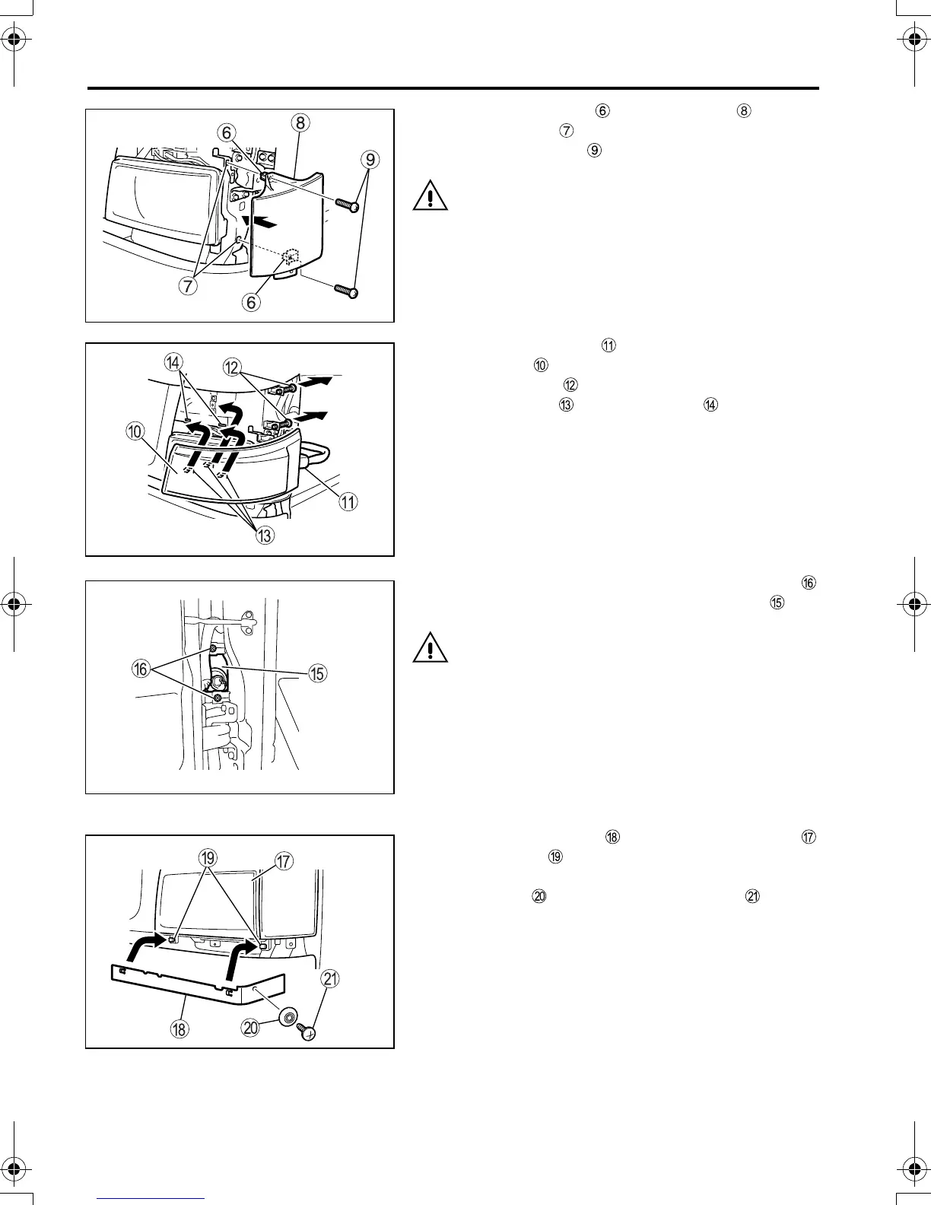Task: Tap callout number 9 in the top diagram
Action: [x=370, y=160]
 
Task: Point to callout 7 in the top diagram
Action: [x=188, y=287]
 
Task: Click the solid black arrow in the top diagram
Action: [x=264, y=222]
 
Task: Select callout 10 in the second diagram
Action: [x=135, y=432]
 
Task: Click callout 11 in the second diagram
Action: [x=348, y=502]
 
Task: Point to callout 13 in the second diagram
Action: [x=264, y=536]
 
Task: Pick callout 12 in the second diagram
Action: [x=233, y=367]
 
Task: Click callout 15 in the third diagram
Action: [x=317, y=672]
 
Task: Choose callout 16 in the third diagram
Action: [x=141, y=669]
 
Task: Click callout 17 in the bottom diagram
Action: [x=284, y=861]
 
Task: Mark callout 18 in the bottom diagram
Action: [x=181, y=1029]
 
